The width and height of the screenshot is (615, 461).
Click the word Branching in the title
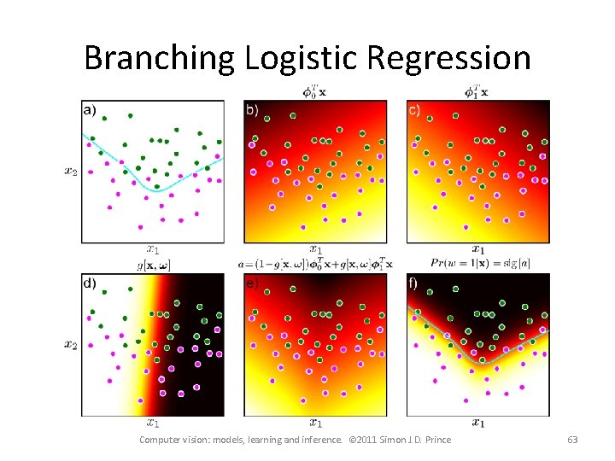click(x=159, y=58)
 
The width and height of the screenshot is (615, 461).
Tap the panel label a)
click(x=90, y=109)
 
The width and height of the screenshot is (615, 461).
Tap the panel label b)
click(x=252, y=109)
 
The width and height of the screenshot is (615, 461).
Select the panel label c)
click(x=414, y=109)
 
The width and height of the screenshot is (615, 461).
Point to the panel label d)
click(x=90, y=283)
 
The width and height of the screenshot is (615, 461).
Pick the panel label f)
click(x=414, y=283)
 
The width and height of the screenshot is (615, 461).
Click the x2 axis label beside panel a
click(x=70, y=171)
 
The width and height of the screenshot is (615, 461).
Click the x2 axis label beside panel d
click(x=70, y=344)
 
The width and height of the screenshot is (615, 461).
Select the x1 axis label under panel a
click(x=152, y=249)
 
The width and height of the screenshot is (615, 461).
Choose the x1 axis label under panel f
click(x=478, y=422)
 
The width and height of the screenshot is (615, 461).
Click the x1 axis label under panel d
click(x=152, y=422)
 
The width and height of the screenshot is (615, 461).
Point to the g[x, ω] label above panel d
click(x=152, y=265)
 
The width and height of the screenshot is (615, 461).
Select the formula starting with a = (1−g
click(x=315, y=265)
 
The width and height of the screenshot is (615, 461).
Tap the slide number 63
click(x=572, y=440)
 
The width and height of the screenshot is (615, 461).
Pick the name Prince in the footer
click(x=436, y=440)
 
